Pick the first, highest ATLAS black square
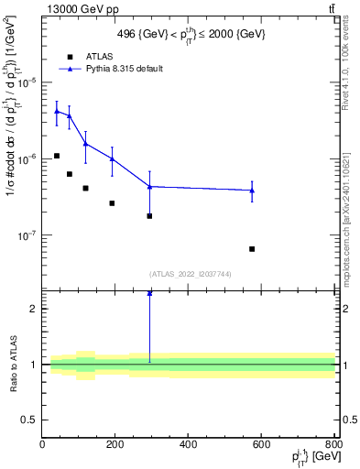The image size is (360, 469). (57, 156)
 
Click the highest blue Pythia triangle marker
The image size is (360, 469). (57, 111)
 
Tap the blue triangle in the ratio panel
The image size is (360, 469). (149, 293)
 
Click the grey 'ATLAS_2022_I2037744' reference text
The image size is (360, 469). (189, 273)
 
